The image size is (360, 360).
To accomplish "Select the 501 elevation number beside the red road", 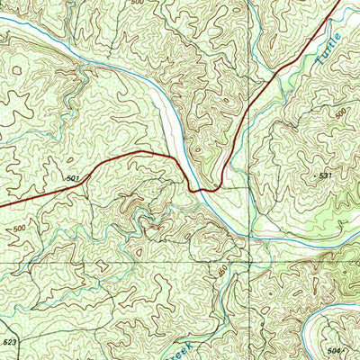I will coord(73,179).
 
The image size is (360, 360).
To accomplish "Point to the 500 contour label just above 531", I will coord(338,115).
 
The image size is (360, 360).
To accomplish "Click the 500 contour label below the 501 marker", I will coord(20,229).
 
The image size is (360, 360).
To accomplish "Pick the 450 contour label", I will coord(222,270).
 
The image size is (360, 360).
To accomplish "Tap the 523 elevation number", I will coord(10,343).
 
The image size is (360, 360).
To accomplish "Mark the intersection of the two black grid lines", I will coord(248,262).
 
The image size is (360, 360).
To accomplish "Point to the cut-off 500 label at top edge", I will coord(137,4).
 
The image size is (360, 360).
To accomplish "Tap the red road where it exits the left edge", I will coord(2,206).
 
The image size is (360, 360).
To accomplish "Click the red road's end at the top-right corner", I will coord(340,3).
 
